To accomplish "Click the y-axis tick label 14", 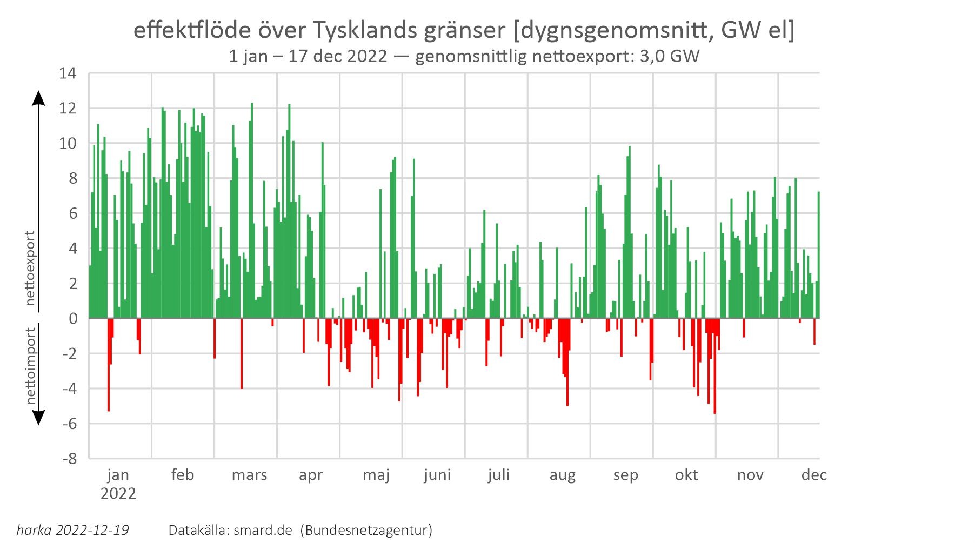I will [68, 73].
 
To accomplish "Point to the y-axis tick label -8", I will [70, 459].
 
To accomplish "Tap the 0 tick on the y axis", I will [72, 319].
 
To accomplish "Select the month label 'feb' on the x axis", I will [182, 475].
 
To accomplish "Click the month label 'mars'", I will [249, 475].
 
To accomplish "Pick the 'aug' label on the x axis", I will [562, 475].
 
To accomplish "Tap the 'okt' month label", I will [686, 475].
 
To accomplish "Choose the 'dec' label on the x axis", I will [814, 475].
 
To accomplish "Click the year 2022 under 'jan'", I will [118, 494].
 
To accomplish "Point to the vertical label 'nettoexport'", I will [30, 268].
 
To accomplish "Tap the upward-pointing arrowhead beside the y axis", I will [38, 98].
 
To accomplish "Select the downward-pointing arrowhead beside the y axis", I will [38, 417].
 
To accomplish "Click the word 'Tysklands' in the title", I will [365, 31].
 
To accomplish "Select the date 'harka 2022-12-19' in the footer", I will [73, 530].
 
